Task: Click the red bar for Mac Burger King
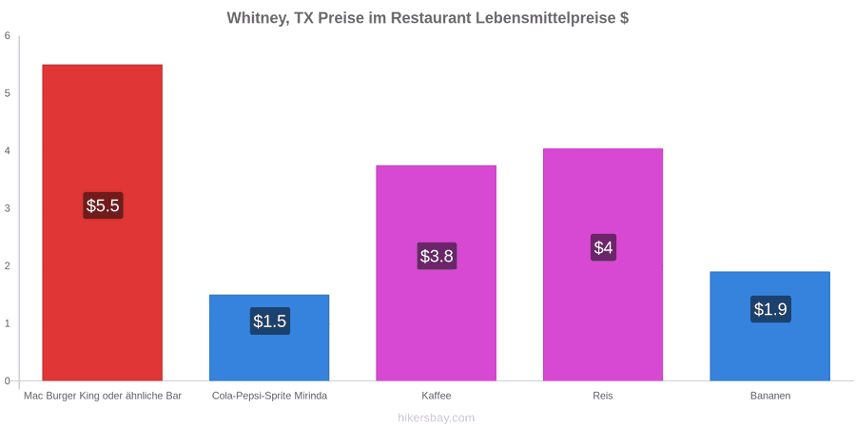(x=102, y=223)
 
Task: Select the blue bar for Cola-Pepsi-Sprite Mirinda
(x=269, y=338)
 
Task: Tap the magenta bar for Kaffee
(x=437, y=273)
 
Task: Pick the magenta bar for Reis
(x=603, y=264)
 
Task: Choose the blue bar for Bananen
(x=769, y=326)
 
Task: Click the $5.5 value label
(x=103, y=205)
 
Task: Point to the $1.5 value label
(x=270, y=321)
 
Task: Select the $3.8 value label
(x=437, y=256)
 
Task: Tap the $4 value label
(x=603, y=247)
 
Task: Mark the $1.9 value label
(x=770, y=309)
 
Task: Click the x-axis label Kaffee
(x=437, y=396)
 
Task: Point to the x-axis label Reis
(x=603, y=396)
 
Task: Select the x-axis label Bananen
(x=769, y=396)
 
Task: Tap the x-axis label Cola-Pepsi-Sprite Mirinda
(x=270, y=396)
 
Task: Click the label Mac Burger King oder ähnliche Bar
(x=103, y=396)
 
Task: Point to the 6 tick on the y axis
(x=8, y=36)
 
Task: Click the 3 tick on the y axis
(x=8, y=208)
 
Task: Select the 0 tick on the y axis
(x=8, y=381)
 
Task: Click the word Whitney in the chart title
(x=257, y=18)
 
